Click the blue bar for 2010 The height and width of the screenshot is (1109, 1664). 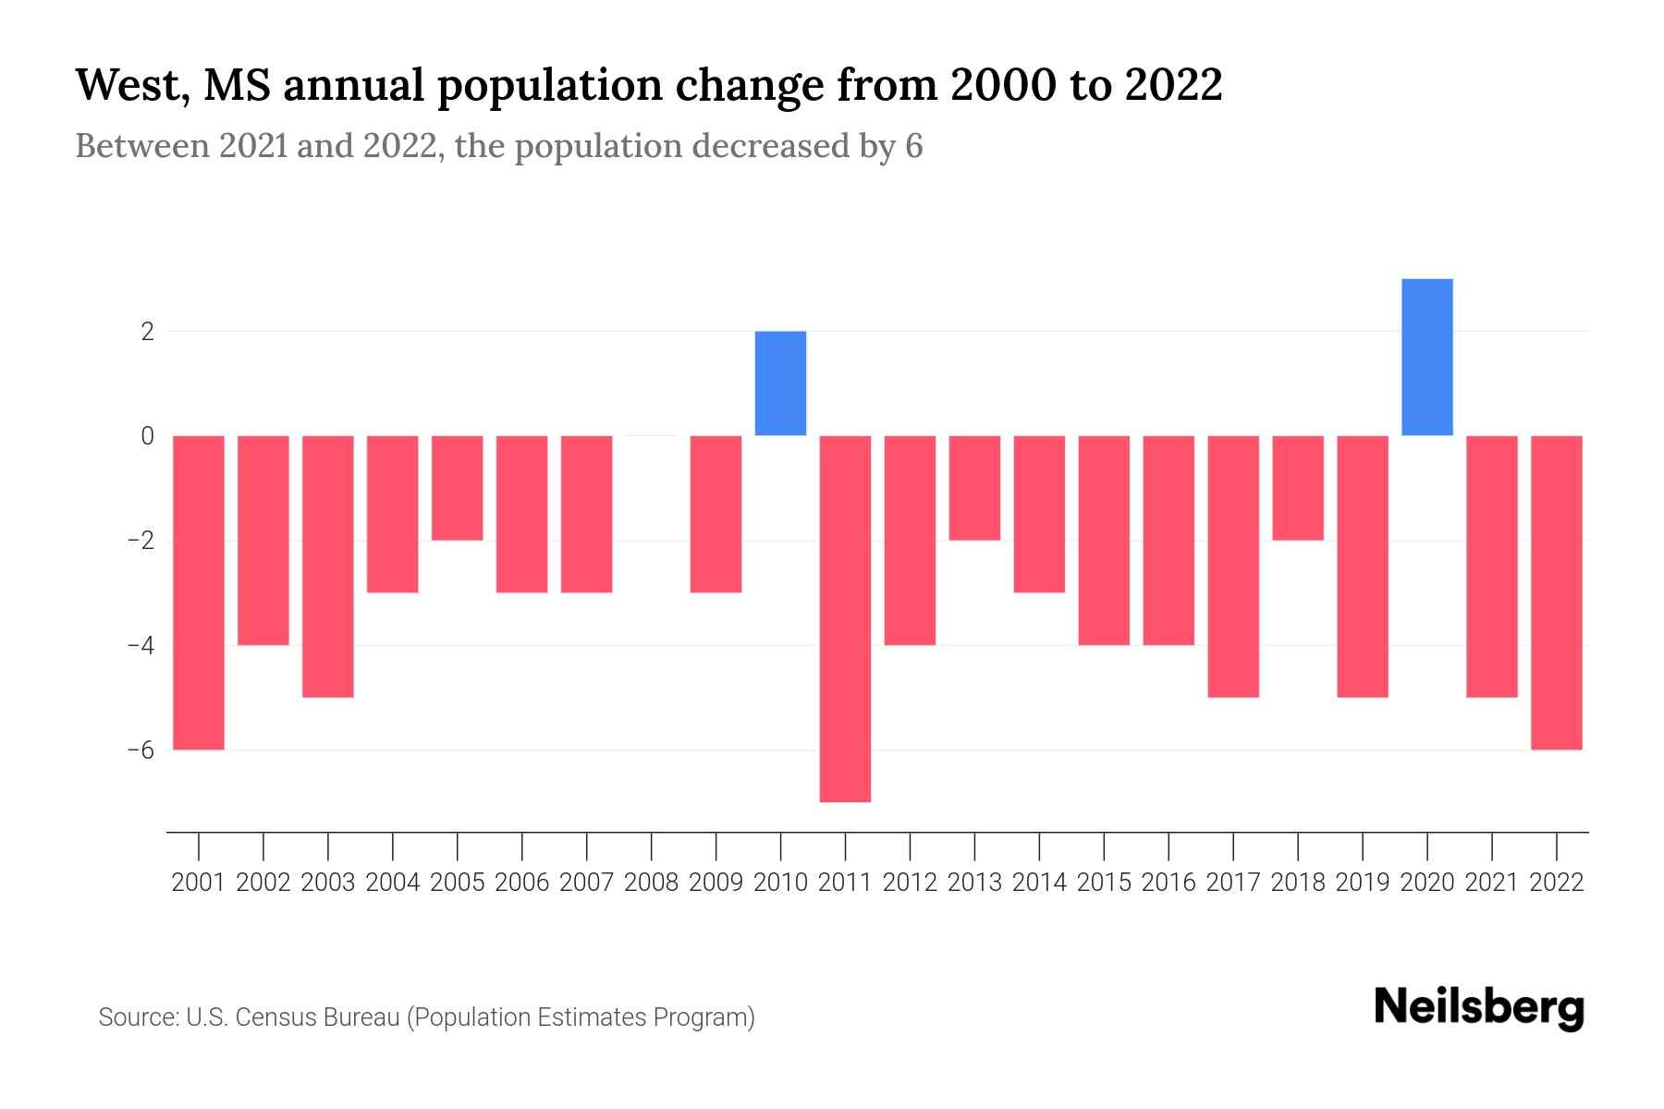pos(780,383)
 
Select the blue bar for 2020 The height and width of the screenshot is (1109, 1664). pos(1426,357)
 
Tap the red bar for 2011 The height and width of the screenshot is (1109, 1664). pos(845,617)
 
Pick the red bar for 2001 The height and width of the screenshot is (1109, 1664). pos(199,591)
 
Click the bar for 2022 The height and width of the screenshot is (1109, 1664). pos(1556,591)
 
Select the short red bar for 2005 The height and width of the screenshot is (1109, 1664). pos(457,487)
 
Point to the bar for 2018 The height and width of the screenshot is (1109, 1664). pos(1297,487)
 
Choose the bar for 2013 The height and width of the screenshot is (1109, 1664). pos(974,487)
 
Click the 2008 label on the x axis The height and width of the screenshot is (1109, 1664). pos(651,883)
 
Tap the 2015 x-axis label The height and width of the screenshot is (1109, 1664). pos(1104,883)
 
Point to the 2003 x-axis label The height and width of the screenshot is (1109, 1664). pos(328,883)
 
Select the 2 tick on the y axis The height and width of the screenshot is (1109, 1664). pos(148,331)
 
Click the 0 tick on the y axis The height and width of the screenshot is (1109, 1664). pos(148,435)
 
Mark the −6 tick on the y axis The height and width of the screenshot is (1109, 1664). pos(141,749)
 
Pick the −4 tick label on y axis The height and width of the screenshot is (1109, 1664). pos(141,645)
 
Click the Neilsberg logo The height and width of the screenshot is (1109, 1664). pos(1479,1007)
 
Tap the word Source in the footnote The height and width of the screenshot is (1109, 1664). pos(137,1018)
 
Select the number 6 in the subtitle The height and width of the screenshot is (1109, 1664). pos(913,146)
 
